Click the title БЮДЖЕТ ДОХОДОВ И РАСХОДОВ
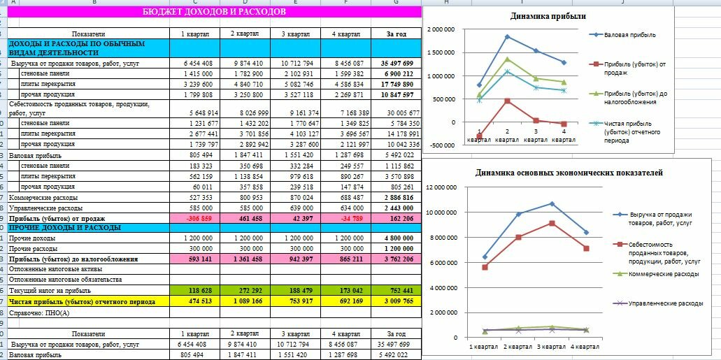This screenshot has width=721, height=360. (x=213, y=12)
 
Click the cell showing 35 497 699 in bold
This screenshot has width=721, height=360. (x=397, y=63)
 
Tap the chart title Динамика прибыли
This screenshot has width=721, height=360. (x=548, y=16)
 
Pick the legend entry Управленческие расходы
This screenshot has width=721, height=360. (x=665, y=303)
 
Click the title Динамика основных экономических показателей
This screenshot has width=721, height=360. (x=569, y=173)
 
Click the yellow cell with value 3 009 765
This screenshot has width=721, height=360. (x=397, y=301)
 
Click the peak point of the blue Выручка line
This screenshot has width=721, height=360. (x=553, y=203)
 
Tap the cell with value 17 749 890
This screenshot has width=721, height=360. (x=397, y=83)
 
